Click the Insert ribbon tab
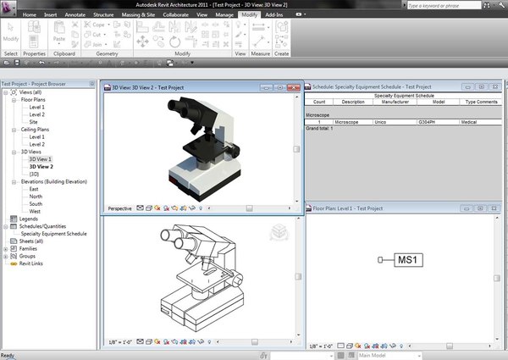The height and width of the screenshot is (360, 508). (51, 15)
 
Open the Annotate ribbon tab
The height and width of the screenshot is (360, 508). (76, 15)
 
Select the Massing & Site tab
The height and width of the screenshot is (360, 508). (138, 15)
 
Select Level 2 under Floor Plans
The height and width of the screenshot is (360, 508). (37, 114)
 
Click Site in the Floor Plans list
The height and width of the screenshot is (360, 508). (34, 122)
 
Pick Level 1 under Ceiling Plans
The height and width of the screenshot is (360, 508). (37, 136)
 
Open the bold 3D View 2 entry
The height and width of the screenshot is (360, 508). (41, 166)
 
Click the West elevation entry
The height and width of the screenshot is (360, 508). (35, 211)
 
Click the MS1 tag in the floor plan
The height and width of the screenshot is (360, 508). (409, 260)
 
